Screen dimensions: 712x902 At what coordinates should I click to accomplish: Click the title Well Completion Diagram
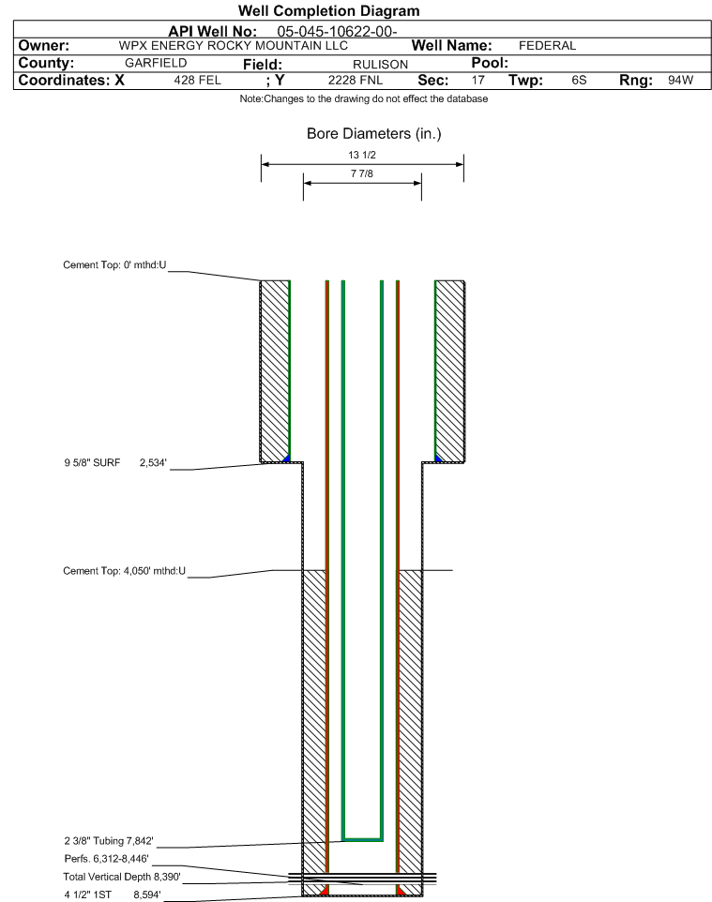(328, 11)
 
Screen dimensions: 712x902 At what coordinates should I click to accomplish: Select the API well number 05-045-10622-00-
(338, 32)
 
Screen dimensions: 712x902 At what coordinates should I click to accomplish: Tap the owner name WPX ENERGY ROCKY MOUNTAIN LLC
(234, 46)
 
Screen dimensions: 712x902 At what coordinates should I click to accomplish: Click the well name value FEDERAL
(548, 46)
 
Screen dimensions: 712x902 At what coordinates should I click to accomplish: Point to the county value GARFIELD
(156, 63)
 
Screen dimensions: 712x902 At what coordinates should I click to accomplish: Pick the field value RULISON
(381, 65)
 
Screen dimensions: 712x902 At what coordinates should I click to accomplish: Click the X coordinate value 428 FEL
(197, 81)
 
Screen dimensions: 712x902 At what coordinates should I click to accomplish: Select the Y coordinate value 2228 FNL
(356, 81)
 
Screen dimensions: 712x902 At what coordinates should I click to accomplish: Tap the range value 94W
(681, 81)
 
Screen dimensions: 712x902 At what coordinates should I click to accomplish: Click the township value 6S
(579, 81)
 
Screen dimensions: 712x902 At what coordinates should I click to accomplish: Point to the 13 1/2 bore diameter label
(362, 156)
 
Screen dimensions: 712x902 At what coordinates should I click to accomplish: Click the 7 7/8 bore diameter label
(362, 173)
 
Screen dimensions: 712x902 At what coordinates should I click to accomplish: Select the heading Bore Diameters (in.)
(374, 134)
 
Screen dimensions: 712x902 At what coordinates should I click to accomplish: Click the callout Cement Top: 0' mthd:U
(114, 265)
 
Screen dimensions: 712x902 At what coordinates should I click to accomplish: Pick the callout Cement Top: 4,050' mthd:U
(125, 571)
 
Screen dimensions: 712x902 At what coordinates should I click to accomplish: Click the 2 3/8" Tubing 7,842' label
(109, 841)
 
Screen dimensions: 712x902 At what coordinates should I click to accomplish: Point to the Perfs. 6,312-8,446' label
(107, 859)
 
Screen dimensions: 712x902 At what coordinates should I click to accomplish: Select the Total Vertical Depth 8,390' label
(122, 877)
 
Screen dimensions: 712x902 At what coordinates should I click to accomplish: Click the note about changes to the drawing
(364, 99)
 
